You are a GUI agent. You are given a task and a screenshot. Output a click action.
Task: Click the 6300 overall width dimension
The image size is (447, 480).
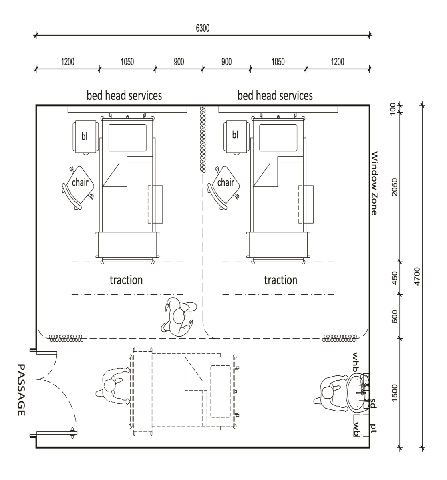[203, 28]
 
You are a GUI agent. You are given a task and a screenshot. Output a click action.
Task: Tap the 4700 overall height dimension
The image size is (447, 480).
[417, 276]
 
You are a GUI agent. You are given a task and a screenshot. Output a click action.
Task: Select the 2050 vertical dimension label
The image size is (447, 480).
[395, 187]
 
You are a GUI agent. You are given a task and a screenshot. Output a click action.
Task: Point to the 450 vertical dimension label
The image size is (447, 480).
[395, 278]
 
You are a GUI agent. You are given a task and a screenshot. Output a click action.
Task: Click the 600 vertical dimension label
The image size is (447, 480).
[395, 317]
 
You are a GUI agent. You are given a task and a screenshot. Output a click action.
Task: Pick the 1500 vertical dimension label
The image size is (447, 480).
[395, 393]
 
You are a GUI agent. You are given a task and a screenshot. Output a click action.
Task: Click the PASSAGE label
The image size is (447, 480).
[21, 390]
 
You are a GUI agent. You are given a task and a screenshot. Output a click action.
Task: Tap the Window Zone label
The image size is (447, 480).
[374, 183]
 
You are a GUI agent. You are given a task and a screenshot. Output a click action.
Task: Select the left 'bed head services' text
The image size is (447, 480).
[124, 95]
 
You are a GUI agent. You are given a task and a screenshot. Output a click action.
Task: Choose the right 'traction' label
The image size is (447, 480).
[280, 280]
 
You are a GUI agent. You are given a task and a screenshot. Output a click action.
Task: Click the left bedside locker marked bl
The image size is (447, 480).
[86, 137]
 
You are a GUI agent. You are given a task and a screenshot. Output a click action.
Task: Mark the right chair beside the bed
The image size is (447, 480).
[224, 188]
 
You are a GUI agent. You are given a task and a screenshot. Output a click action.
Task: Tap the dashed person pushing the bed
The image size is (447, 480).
[113, 385]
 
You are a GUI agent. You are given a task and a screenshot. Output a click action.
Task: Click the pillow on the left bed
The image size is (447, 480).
[127, 138]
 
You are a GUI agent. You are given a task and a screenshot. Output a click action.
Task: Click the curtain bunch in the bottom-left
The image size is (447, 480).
[66, 338]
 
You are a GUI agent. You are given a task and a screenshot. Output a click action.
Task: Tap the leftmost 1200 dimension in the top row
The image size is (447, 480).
[68, 62]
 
